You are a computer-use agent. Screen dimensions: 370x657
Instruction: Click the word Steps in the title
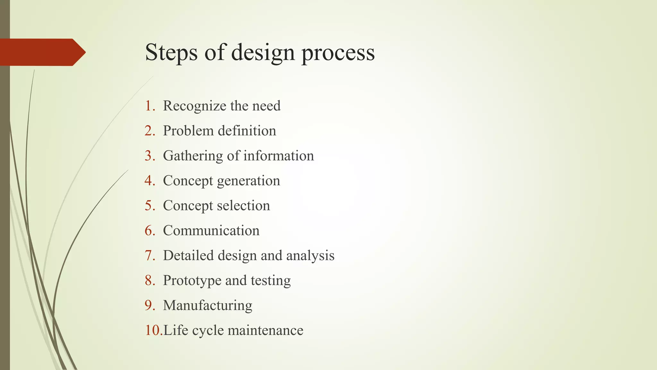171,52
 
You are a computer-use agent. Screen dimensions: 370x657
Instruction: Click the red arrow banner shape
42,52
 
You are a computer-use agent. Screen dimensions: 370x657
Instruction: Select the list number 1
149,106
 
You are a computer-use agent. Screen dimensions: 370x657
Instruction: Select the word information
278,156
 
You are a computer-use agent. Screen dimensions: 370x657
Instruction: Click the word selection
243,206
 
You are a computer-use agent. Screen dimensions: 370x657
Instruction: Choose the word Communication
211,231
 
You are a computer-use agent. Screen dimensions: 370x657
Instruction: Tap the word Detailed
188,256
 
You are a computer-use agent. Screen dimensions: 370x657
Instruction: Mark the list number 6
149,231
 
